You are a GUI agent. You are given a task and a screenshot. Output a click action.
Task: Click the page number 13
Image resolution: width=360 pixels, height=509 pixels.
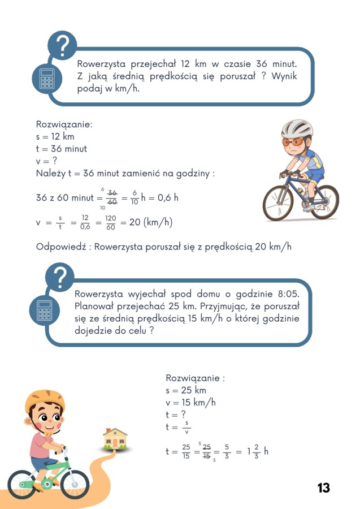pyautogui.click(x=323, y=488)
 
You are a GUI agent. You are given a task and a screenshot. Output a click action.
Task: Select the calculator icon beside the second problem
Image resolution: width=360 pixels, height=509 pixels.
pyautogui.click(x=45, y=311)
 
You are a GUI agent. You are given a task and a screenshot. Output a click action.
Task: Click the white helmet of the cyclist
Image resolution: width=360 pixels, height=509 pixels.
pyautogui.click(x=297, y=128)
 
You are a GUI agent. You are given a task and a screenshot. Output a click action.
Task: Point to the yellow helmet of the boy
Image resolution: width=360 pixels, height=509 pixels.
pyautogui.click(x=44, y=400)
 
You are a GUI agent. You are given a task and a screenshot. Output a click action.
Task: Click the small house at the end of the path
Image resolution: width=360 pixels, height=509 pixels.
pyautogui.click(x=115, y=438)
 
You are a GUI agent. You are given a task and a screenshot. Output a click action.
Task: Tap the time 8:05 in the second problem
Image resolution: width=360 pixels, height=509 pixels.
pyautogui.click(x=287, y=295)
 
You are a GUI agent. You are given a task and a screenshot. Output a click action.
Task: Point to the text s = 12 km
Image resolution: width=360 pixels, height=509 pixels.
pyautogui.click(x=55, y=136)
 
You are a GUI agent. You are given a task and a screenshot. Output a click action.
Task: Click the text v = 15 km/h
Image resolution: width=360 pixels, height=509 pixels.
pyautogui.click(x=190, y=403)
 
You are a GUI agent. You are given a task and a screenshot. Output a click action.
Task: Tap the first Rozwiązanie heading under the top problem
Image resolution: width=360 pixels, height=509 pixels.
pyautogui.click(x=64, y=124)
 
